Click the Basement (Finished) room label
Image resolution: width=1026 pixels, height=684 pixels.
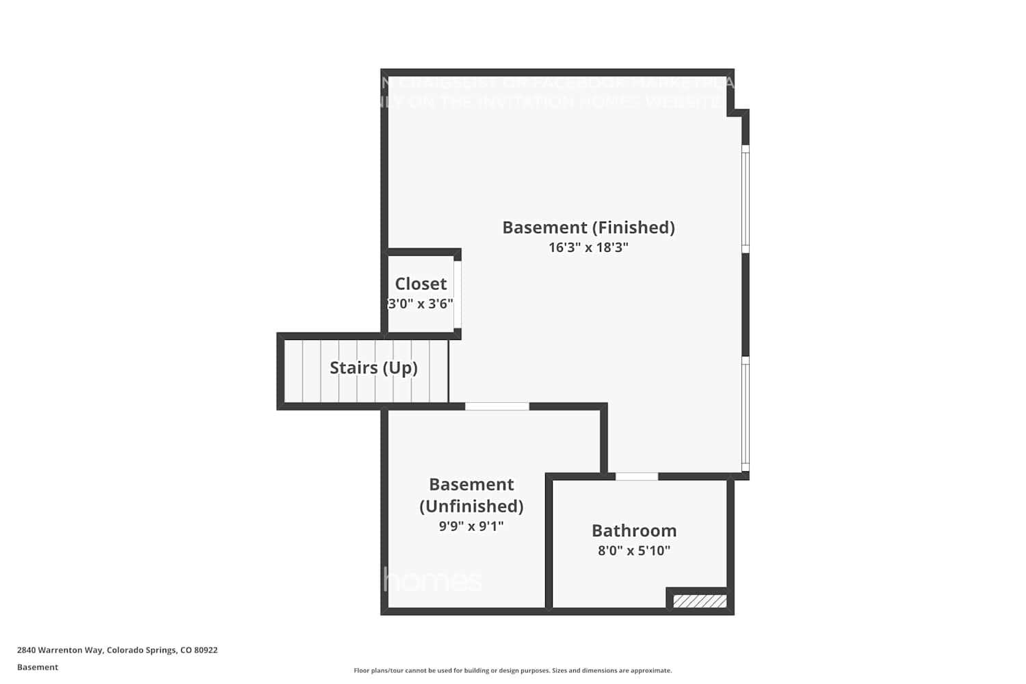[x=588, y=227]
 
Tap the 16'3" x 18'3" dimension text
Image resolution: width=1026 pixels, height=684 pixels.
[x=588, y=248]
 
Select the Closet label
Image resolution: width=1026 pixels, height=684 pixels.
[x=421, y=284]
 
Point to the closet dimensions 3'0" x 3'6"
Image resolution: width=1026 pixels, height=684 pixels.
[x=421, y=304]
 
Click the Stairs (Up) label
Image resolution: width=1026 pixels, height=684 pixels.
[x=373, y=368]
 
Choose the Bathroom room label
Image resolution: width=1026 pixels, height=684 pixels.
[x=634, y=531]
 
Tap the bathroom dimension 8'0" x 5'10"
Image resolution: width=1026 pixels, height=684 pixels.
[x=634, y=551]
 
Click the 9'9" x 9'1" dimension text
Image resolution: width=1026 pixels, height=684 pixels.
[x=471, y=526]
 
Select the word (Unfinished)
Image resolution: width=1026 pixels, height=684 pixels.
[x=471, y=506]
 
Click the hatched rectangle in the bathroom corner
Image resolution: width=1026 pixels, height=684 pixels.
[x=700, y=601]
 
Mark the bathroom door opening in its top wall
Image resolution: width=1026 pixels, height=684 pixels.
[x=637, y=476]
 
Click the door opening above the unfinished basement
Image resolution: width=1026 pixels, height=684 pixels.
[x=497, y=406]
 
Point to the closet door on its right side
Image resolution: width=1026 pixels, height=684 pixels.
[x=458, y=294]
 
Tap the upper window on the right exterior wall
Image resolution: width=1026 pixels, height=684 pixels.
[x=746, y=198]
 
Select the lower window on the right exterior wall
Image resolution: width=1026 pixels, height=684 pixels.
[x=746, y=414]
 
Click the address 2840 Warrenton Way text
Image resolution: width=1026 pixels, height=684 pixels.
[x=60, y=650]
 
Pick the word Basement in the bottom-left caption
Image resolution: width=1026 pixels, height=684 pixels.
[x=38, y=668]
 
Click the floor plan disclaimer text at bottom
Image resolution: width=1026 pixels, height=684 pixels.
[x=512, y=671]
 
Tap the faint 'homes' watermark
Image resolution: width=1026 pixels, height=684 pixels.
[x=432, y=581]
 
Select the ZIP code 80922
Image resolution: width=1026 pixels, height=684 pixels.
[x=206, y=650]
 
